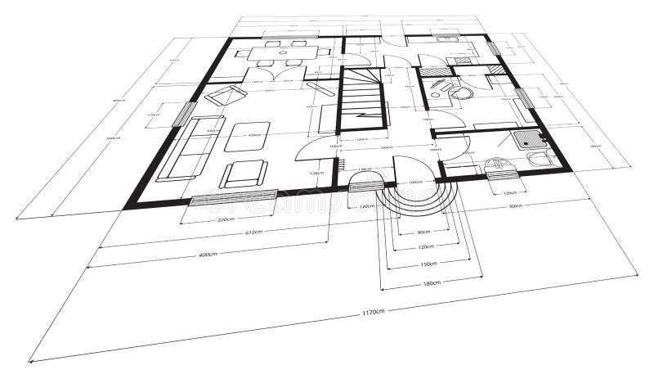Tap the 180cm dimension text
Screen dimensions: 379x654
tap(432, 282)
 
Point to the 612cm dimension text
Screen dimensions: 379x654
tap(254, 232)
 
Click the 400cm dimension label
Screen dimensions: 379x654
tap(208, 255)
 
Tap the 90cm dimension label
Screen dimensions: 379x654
tap(423, 232)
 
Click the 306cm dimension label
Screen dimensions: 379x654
tap(516, 207)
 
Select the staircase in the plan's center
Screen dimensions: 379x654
tap(362, 99)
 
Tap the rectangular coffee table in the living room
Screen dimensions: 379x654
tap(247, 137)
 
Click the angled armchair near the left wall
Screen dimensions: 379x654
tap(226, 96)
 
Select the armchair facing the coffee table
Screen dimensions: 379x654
tap(243, 174)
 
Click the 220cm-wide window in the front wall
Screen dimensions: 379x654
tap(234, 196)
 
